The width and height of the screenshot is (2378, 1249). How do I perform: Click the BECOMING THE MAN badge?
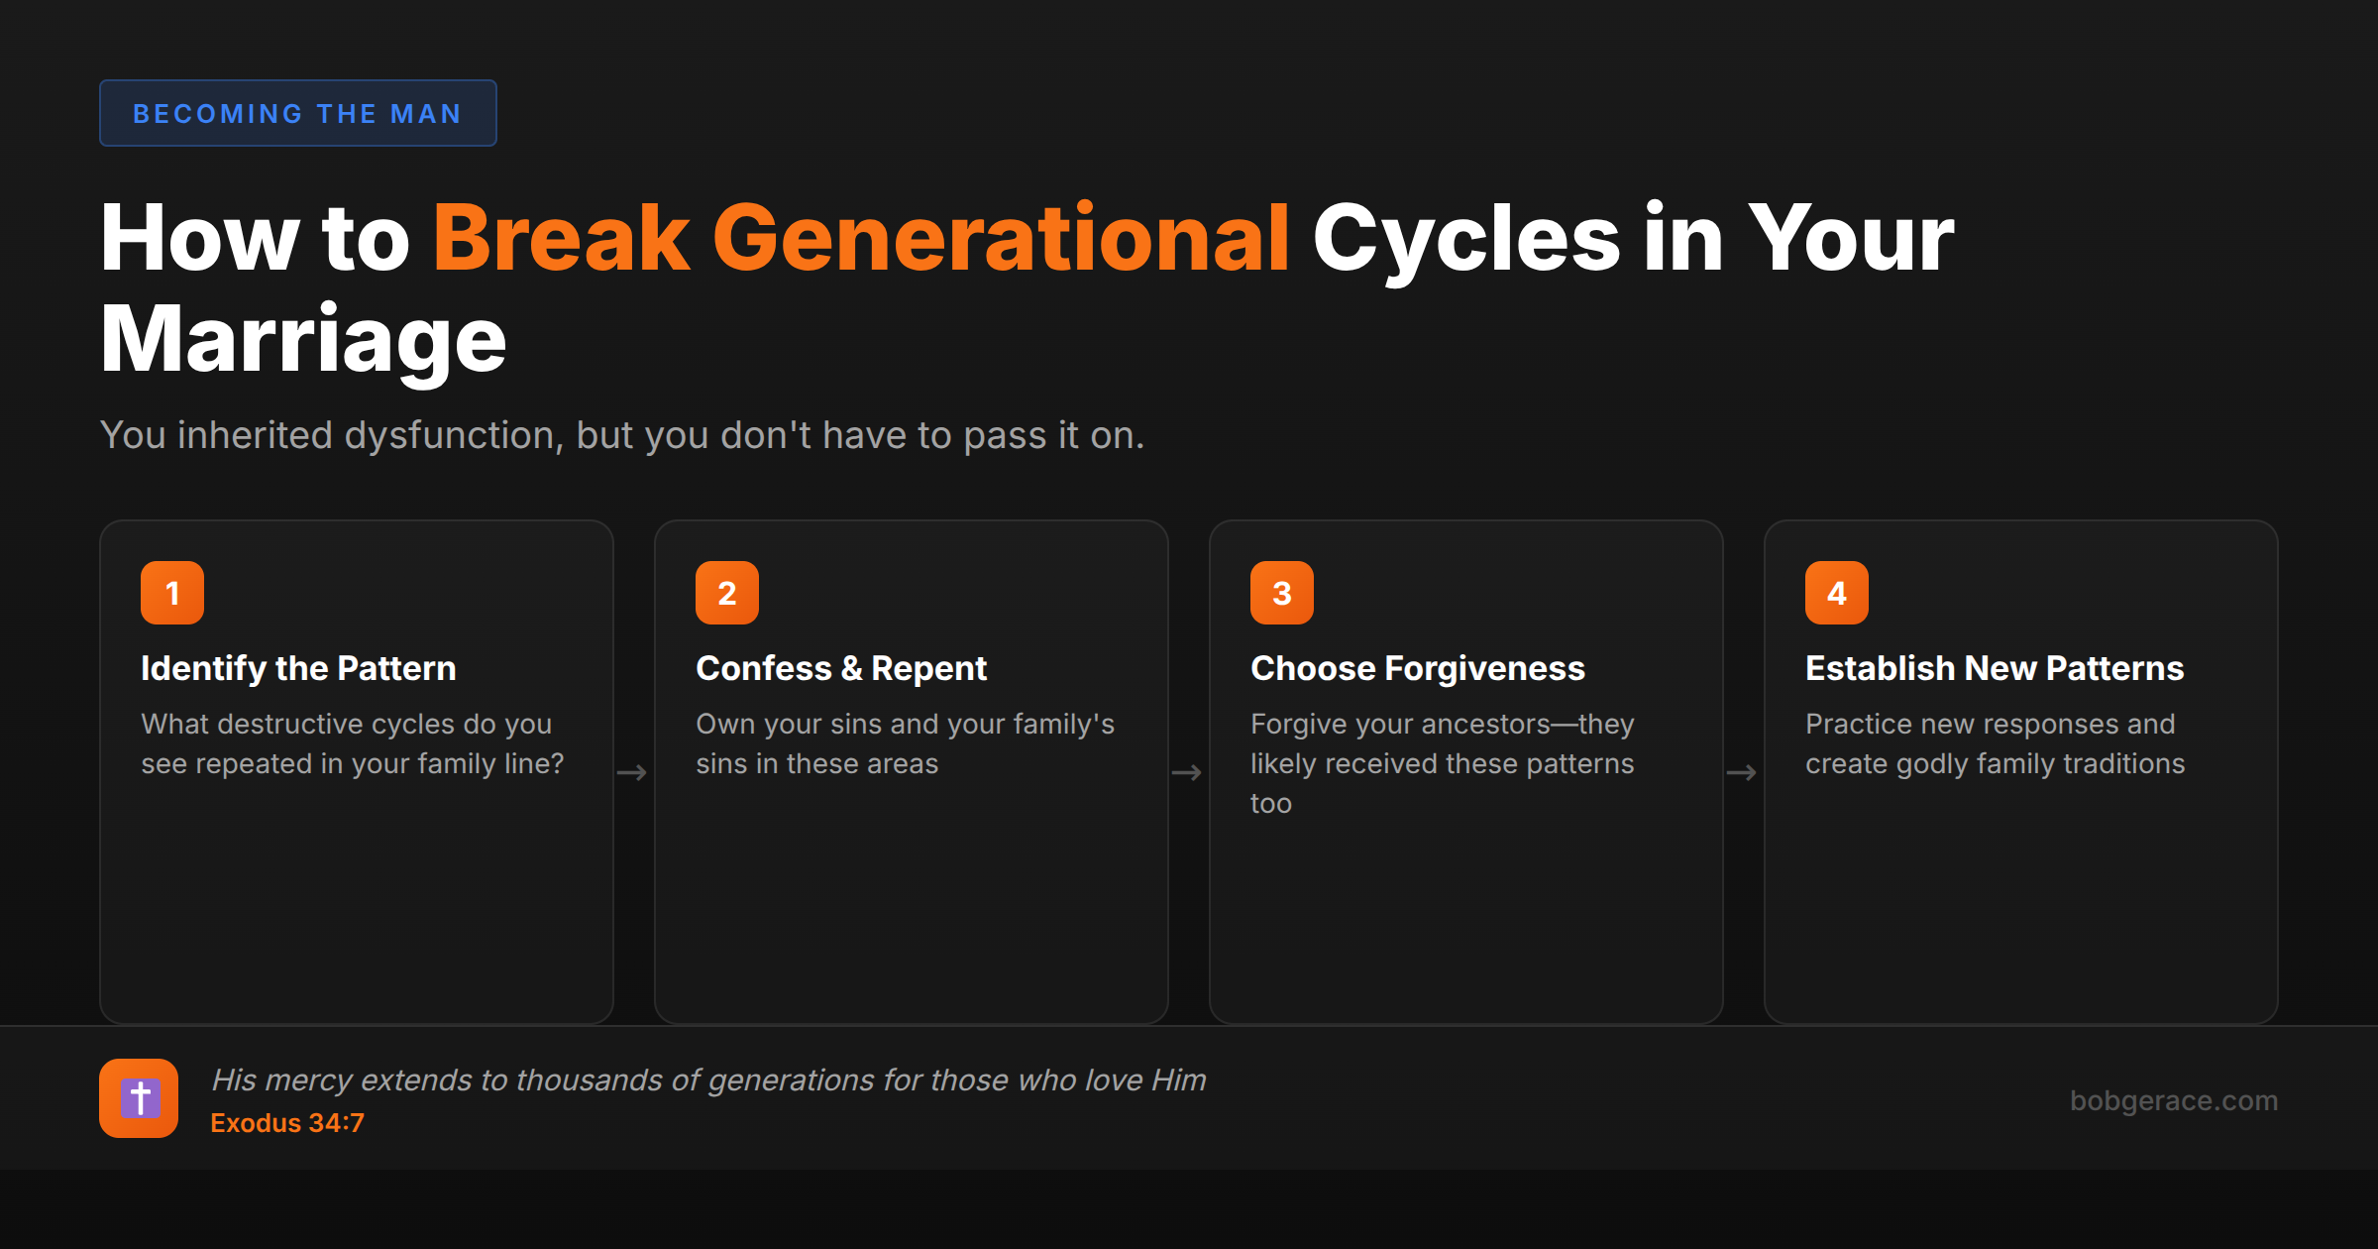297,113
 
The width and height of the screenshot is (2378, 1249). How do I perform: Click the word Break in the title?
561,239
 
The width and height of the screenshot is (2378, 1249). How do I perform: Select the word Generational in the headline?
1001,239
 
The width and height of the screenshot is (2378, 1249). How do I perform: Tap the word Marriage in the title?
303,340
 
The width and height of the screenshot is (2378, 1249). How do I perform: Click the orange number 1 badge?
172,593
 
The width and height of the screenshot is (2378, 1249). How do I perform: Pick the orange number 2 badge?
727,593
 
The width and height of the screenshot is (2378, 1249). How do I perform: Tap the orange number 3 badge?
1282,593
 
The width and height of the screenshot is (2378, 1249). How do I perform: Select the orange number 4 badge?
1837,593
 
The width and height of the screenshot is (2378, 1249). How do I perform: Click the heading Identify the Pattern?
298,668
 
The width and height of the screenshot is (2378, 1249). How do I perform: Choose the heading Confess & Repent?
841,668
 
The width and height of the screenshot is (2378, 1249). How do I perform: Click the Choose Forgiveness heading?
1418,668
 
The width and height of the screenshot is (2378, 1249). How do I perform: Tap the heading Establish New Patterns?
1995,668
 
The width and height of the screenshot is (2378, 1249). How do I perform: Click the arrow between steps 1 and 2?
632,772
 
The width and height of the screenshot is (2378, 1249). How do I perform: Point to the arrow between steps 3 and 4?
1742,772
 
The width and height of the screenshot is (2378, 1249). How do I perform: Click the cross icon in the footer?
139,1098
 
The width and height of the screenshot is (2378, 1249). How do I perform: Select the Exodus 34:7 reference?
287,1123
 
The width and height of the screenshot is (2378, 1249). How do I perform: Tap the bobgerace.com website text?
2174,1100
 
